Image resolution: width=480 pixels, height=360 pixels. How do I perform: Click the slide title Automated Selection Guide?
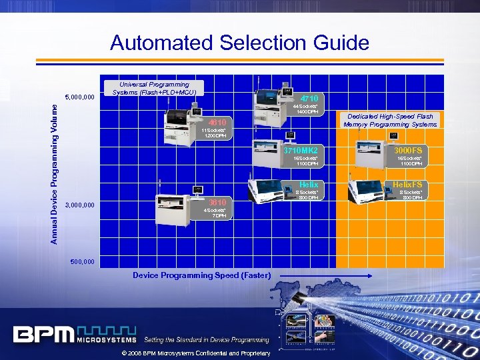239,43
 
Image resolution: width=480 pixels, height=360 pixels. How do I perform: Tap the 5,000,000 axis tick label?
79,97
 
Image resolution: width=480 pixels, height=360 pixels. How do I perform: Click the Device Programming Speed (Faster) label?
201,275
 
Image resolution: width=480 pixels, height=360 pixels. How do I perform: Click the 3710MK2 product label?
301,151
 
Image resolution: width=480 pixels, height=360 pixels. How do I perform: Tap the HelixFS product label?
407,184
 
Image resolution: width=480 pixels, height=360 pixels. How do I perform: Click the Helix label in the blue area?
308,184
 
